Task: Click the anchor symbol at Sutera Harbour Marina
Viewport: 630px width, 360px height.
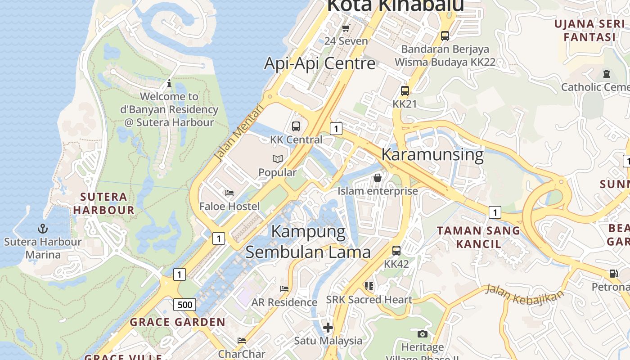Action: (x=43, y=229)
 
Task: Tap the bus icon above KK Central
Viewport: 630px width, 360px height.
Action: (x=296, y=126)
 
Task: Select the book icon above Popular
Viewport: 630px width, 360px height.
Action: (x=278, y=159)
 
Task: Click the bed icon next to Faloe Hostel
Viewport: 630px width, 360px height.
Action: (x=229, y=193)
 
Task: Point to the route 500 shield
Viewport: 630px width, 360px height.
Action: (x=184, y=305)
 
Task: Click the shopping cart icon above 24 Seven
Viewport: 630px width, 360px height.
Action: (x=346, y=28)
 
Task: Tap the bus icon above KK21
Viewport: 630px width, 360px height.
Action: (x=405, y=91)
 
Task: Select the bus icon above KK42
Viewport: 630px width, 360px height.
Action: (x=396, y=251)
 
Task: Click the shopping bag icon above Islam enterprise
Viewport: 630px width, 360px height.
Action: (x=378, y=178)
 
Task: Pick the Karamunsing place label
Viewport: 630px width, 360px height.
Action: (x=432, y=154)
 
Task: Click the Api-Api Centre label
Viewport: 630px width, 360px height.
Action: (x=319, y=63)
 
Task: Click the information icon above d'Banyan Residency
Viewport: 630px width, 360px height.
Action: (x=169, y=83)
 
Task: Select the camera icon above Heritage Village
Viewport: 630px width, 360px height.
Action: (x=422, y=334)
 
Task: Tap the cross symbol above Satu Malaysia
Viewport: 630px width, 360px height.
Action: (x=328, y=327)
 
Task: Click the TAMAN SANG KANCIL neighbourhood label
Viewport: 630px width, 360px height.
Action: (x=478, y=237)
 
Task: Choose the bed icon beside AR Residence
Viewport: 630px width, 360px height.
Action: (x=284, y=289)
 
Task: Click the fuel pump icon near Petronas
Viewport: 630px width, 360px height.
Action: (x=613, y=273)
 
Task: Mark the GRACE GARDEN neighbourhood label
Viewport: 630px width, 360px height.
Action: (x=178, y=322)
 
